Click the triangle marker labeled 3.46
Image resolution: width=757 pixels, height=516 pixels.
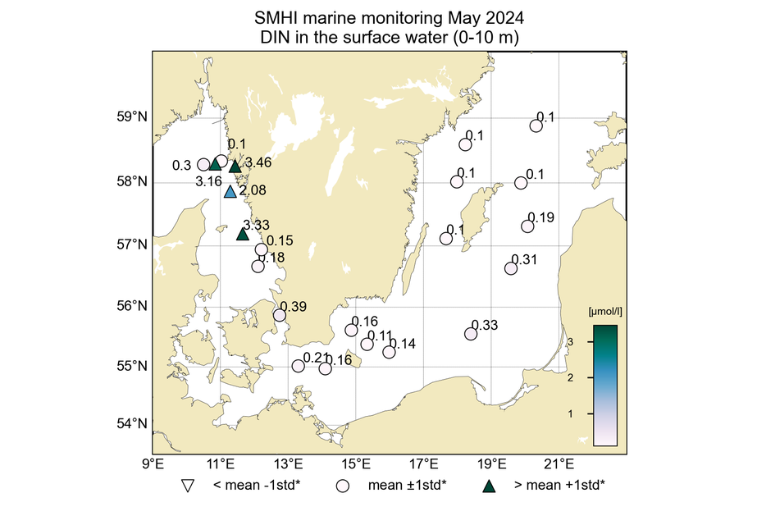(235, 167)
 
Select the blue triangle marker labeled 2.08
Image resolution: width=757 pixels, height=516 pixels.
(230, 192)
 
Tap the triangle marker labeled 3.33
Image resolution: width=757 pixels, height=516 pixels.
(243, 235)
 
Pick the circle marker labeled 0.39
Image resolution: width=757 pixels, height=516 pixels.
(280, 315)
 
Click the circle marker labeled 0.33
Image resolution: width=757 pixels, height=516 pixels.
(471, 334)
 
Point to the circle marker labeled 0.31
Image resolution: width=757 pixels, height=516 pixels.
(511, 268)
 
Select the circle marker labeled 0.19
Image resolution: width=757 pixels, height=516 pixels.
(528, 226)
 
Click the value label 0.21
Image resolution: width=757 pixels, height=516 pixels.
(315, 358)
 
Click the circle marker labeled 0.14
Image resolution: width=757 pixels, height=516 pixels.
(389, 352)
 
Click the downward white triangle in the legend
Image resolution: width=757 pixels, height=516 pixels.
(188, 485)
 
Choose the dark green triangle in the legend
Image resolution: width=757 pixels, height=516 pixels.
(490, 485)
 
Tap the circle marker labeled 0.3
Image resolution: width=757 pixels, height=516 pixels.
(204, 165)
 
